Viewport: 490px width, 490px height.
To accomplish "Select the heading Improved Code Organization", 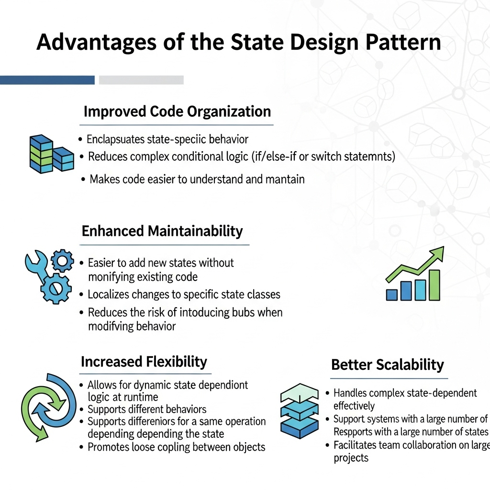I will click(177, 111).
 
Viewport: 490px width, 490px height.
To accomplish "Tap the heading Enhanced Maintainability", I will click(162, 231).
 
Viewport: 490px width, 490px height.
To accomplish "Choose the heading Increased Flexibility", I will click(144, 362).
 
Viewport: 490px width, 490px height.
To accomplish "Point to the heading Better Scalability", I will click(387, 365).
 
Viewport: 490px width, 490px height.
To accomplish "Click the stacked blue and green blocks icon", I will click(50, 153).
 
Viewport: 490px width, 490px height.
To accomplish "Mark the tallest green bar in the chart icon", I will click(434, 285).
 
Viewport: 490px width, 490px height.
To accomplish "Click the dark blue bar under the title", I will click(47, 80).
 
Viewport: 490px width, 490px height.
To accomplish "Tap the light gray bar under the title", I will click(141, 80).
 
